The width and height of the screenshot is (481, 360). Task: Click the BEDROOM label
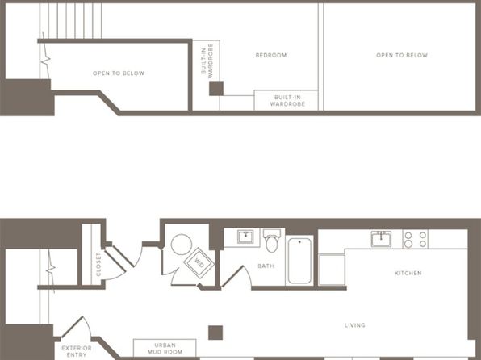tap(271, 55)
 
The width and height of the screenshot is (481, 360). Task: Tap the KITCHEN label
tap(408, 273)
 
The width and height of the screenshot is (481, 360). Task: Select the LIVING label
tap(355, 325)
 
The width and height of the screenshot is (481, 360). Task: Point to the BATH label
tap(266, 266)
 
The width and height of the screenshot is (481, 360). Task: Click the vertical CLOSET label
tap(98, 265)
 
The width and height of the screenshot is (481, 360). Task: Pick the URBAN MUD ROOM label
tap(165, 349)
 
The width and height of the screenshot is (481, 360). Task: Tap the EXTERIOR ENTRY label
tap(77, 351)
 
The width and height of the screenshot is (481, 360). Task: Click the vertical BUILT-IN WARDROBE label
tap(207, 61)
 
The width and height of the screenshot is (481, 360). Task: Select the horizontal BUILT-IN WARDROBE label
tap(287, 101)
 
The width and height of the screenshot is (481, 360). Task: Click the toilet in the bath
tap(272, 240)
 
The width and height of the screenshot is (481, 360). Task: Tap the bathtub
tap(299, 261)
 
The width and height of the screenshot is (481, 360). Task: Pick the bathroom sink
tap(245, 237)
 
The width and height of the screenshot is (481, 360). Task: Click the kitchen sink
tap(381, 238)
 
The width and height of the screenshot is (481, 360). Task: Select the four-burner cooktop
tap(416, 239)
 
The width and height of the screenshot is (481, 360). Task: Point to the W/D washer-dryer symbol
tap(199, 263)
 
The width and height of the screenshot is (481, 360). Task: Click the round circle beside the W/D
tap(182, 245)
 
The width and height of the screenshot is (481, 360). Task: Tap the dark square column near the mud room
tap(215, 333)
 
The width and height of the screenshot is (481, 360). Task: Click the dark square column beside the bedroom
tap(216, 89)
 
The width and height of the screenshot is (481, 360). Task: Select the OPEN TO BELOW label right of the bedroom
tap(402, 55)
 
